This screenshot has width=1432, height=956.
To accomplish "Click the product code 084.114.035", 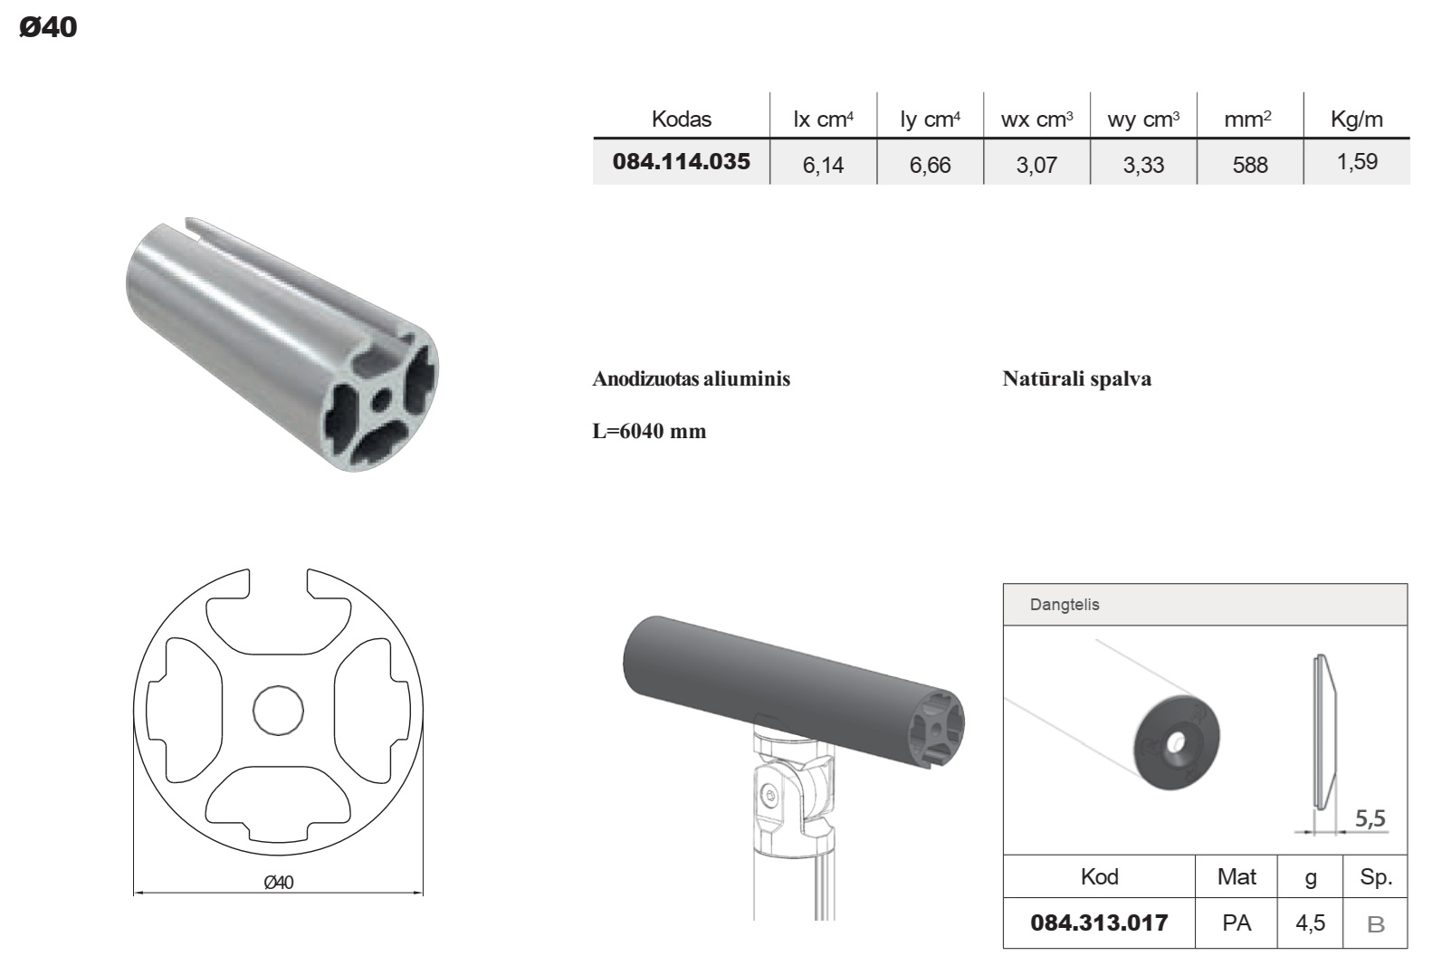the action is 681,161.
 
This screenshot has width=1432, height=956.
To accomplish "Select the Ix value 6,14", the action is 823,165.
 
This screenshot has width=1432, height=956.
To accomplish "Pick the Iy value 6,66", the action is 930,165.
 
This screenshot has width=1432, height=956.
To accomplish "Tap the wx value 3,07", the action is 1036,165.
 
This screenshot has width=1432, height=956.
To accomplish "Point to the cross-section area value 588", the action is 1250,165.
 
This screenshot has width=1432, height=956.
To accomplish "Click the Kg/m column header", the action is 1357,119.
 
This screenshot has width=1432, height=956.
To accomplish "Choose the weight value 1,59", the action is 1357,161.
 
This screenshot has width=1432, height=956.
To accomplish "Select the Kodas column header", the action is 681,119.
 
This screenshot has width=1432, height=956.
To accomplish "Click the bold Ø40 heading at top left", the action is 48,27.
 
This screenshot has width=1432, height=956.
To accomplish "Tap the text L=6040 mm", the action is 649,431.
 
